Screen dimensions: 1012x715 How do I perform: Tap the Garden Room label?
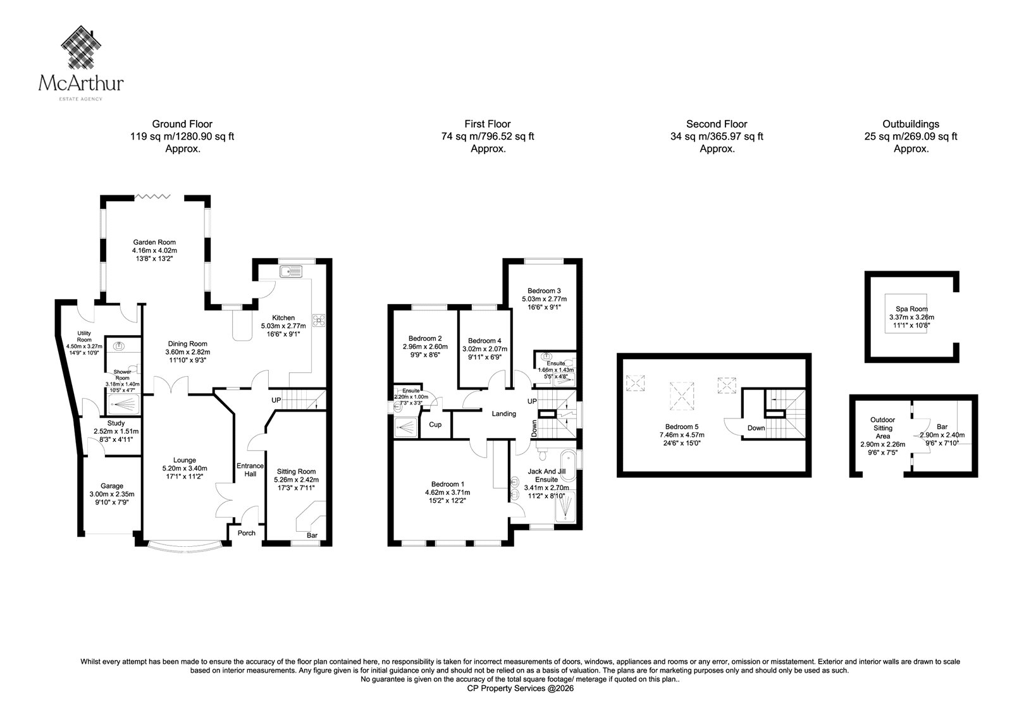tap(154, 242)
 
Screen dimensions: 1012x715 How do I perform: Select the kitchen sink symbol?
tap(291, 271)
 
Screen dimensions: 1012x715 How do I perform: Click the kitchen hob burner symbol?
tap(319, 321)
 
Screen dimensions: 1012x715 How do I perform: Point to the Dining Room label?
tap(187, 344)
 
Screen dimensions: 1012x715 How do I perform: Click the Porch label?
tap(246, 533)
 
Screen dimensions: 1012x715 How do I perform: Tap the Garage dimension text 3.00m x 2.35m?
tap(112, 494)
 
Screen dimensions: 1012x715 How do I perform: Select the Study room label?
tap(116, 423)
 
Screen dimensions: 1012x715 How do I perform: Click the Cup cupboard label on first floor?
tap(435, 425)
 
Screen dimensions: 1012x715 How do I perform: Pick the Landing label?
tap(503, 413)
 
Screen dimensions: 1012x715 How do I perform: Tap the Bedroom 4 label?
tap(484, 341)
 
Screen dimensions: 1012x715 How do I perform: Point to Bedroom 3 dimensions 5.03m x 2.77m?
tap(545, 299)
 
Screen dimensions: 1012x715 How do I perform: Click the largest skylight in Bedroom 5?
tap(682, 396)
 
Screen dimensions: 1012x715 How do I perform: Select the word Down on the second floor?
tap(756, 428)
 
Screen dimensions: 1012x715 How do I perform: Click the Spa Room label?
tap(911, 309)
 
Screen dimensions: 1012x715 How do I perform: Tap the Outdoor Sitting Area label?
tap(883, 428)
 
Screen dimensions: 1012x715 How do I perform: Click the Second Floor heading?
tap(717, 124)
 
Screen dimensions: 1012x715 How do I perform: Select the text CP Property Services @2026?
tap(521, 689)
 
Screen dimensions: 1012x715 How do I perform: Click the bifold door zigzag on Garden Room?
tap(152, 197)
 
